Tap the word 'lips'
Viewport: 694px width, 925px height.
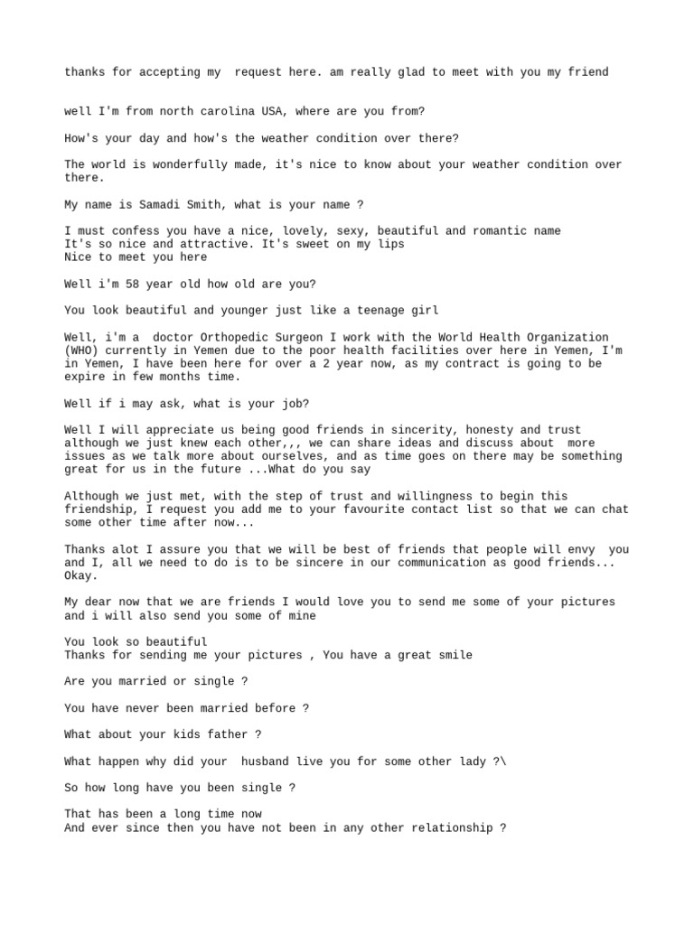click(x=390, y=244)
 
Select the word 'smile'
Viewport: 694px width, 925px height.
click(x=455, y=655)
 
